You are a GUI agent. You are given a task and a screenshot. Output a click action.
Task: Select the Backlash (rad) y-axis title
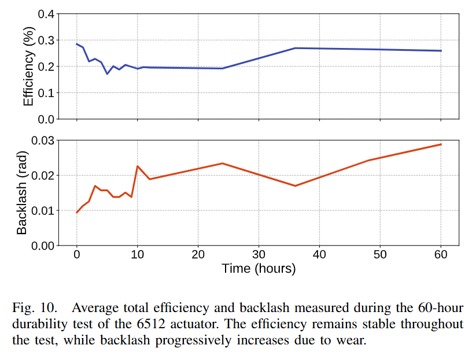[x=22, y=193]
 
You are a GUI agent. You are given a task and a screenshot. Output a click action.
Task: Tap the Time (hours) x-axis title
[x=259, y=269]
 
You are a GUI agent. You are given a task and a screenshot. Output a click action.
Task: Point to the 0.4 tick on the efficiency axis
[x=46, y=13]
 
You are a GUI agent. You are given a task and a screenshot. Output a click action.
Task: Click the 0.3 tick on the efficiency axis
[x=46, y=40]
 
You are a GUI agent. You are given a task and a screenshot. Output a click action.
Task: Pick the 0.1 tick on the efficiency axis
[x=46, y=92]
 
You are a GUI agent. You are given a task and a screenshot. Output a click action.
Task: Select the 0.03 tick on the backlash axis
[x=42, y=140]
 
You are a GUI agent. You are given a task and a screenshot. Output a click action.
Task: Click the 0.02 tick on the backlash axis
[x=42, y=175]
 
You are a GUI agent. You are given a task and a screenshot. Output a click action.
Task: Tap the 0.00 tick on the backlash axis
[x=42, y=246]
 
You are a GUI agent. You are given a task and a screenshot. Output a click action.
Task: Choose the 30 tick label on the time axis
[x=259, y=255]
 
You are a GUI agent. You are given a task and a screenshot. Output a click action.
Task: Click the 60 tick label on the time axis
[x=441, y=255]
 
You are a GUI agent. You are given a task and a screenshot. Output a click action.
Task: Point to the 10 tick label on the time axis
[x=137, y=255]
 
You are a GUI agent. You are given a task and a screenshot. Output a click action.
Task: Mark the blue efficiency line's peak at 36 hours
[x=295, y=48]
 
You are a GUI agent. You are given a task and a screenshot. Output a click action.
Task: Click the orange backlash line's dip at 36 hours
[x=295, y=185]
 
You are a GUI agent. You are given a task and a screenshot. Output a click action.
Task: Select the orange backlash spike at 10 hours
[x=137, y=166]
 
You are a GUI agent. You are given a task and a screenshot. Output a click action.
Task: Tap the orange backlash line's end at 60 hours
[x=441, y=144]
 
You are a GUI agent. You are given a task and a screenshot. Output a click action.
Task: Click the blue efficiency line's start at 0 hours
[x=77, y=44]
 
